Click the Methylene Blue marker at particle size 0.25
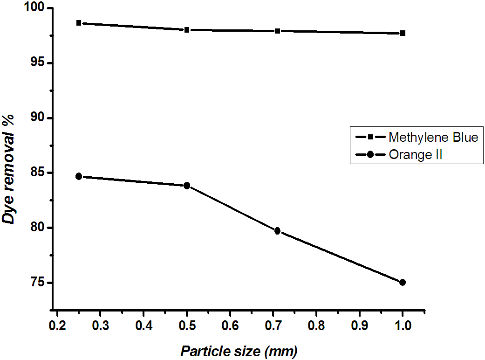click(79, 23)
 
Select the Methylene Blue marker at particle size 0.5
click(187, 30)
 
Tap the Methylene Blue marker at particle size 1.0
click(403, 33)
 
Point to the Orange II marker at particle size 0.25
click(79, 176)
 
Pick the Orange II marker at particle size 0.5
click(187, 186)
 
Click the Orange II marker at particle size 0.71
click(278, 231)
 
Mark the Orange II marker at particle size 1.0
click(403, 282)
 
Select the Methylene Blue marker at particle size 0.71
click(278, 31)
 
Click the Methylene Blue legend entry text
click(433, 138)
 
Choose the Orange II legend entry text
click(415, 155)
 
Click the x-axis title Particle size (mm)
click(239, 351)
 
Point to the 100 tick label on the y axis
click(33, 8)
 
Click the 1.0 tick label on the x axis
click(403, 325)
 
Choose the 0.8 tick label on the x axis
click(316, 325)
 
